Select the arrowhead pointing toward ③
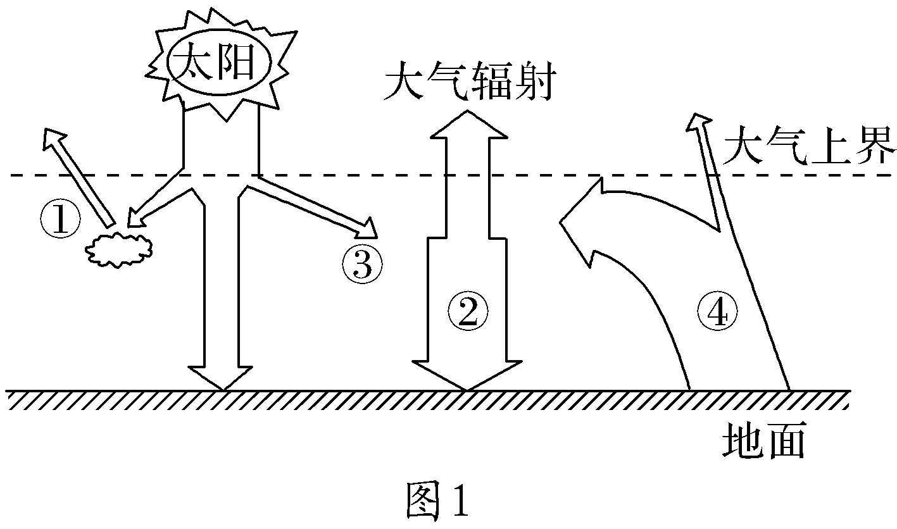[x=368, y=227]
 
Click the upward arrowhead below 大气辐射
[x=467, y=125]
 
